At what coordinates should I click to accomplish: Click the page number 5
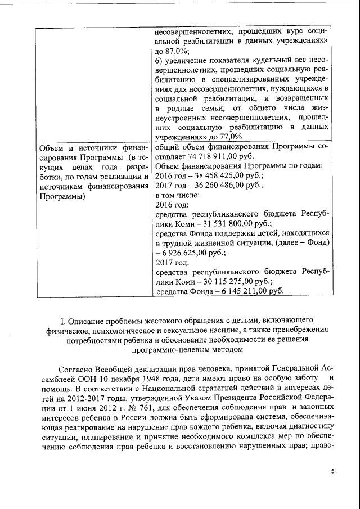[x=332, y=471]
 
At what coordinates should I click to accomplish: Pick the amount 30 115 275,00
[x=214, y=281]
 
